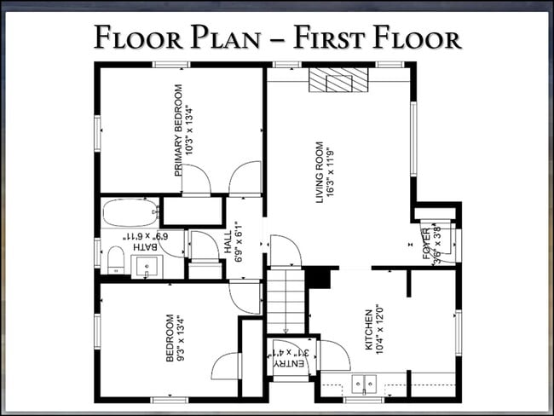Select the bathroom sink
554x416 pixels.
[x=147, y=266]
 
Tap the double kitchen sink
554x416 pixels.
[x=364, y=384]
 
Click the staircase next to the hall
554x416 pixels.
[x=286, y=301]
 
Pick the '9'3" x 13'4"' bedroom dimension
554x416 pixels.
[x=181, y=339]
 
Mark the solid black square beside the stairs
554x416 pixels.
[x=318, y=277]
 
